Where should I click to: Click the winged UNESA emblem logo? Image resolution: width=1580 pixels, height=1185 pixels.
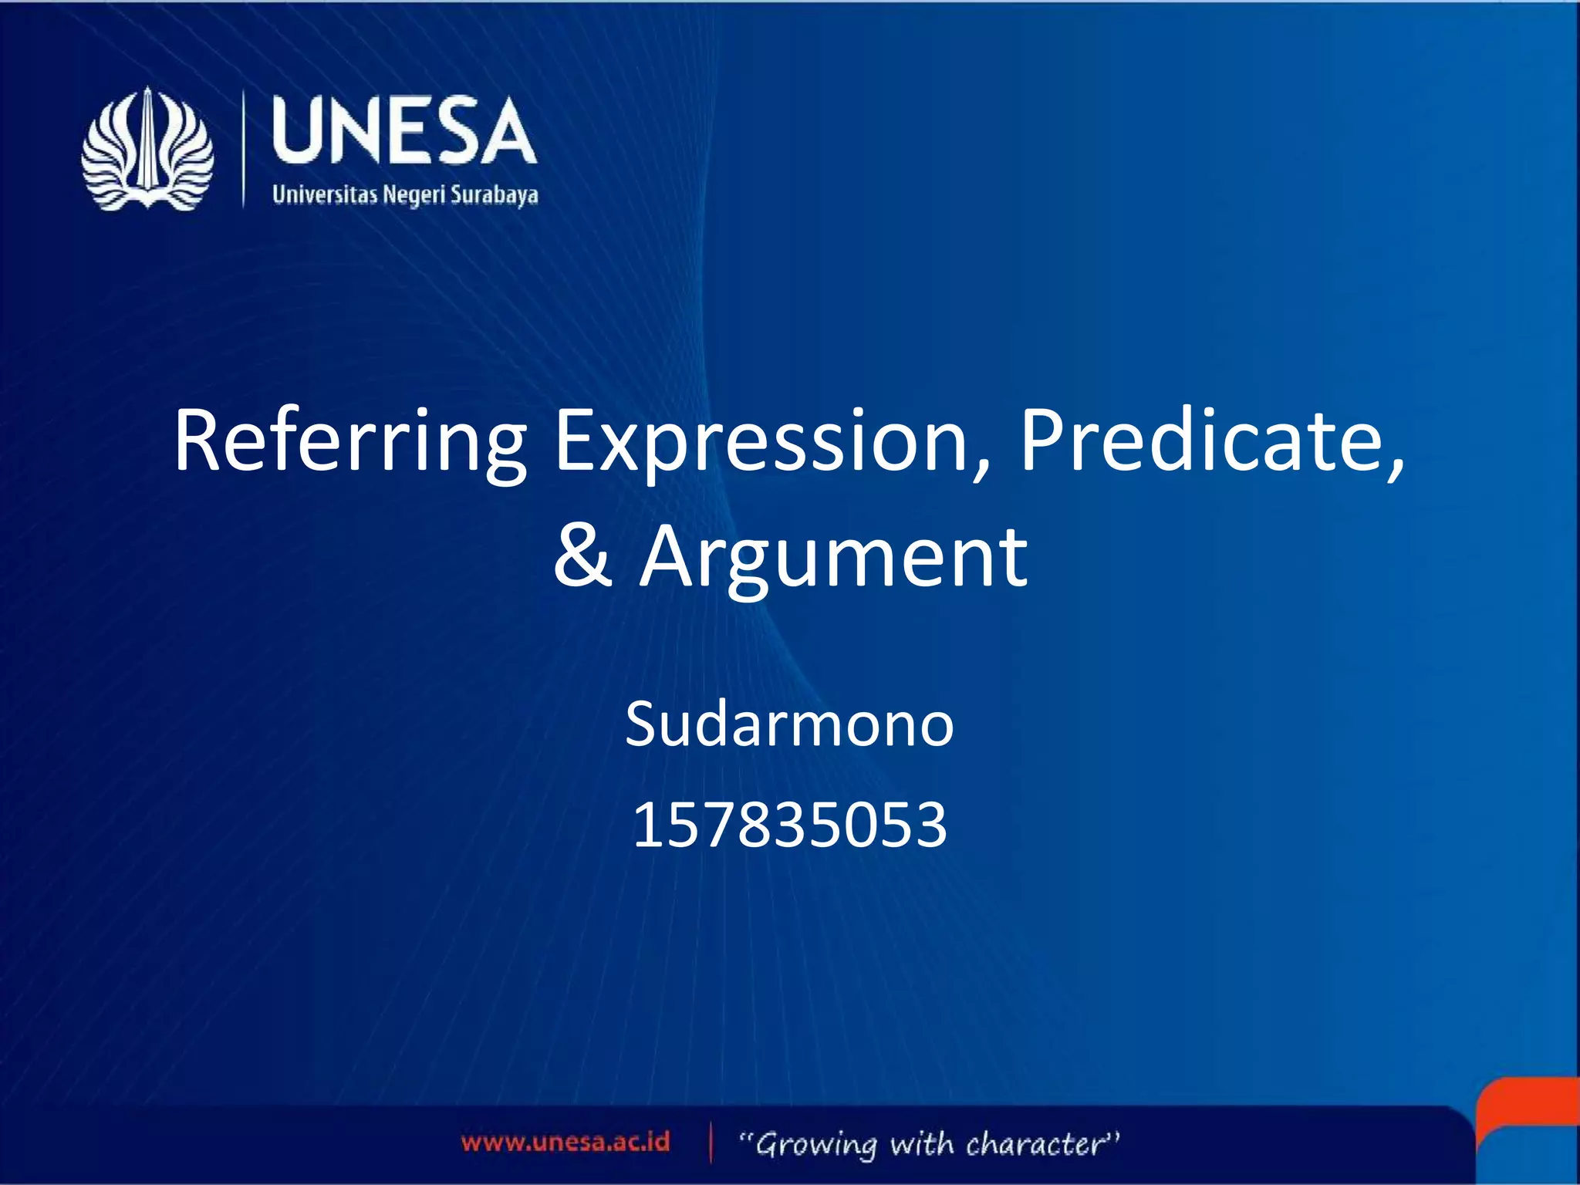[147, 149]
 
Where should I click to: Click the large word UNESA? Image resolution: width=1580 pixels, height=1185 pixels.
[404, 131]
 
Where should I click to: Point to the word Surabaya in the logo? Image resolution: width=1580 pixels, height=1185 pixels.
[494, 194]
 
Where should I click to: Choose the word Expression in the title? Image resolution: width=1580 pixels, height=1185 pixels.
[761, 441]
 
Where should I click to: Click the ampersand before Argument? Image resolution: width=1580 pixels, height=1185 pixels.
[582, 555]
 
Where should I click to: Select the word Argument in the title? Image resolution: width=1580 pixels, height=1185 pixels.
[833, 557]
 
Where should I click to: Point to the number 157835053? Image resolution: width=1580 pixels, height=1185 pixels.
[789, 824]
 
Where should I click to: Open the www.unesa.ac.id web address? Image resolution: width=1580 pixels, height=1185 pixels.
[565, 1142]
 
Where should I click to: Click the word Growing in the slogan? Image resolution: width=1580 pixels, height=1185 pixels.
[816, 1144]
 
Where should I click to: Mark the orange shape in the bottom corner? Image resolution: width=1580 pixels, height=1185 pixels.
[1531, 1103]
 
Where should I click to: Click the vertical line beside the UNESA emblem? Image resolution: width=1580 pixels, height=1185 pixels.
[243, 148]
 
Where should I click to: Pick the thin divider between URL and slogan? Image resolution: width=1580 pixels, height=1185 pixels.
[711, 1143]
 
